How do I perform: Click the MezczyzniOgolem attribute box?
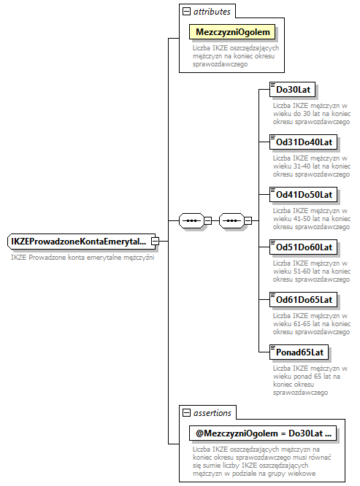point(233,32)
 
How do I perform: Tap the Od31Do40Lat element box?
point(303,142)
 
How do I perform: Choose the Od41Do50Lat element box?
point(303,194)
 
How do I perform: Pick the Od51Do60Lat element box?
point(303,247)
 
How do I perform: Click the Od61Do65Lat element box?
point(303,299)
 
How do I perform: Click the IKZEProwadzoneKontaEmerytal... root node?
point(79,242)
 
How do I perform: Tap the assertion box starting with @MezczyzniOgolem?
point(263,433)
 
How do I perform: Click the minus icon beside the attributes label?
point(187,12)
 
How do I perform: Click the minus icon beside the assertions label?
point(187,413)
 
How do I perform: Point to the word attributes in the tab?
point(212,12)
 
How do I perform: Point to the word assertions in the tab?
point(212,413)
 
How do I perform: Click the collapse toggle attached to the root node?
point(155,242)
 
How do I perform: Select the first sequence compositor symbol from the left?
point(191,220)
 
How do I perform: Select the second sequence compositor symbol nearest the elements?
point(232,220)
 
